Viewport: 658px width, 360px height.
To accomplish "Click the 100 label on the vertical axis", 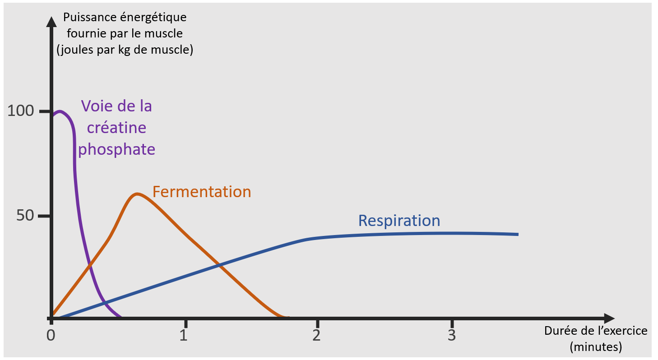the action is coord(21,111).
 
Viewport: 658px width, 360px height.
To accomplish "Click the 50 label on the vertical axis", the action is coord(25,216).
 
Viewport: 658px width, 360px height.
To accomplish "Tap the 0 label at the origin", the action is coord(51,335).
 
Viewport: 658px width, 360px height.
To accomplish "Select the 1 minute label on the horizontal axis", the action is coord(184,335).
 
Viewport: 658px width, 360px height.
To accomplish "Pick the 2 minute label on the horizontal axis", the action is coord(316,335).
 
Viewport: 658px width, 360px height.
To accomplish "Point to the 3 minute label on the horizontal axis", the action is coord(452,335).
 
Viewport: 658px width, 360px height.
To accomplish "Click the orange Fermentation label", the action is coord(202,192).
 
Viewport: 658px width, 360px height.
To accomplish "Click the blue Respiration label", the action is coord(399,221).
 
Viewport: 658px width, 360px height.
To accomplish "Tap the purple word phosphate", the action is coord(116,150).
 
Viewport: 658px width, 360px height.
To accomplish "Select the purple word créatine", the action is coord(116,127).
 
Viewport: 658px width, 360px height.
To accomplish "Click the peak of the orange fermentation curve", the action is coord(137,194).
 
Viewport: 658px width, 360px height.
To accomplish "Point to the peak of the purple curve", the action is coord(60,111).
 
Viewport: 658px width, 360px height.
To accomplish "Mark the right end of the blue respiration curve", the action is coord(518,234).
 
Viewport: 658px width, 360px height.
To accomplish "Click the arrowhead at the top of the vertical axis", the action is coord(51,22).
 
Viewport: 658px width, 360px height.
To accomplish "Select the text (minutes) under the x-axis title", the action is coord(596,347).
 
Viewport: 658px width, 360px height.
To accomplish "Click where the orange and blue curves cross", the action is coord(219,265).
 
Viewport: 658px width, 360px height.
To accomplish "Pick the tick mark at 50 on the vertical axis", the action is coord(44,216).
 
